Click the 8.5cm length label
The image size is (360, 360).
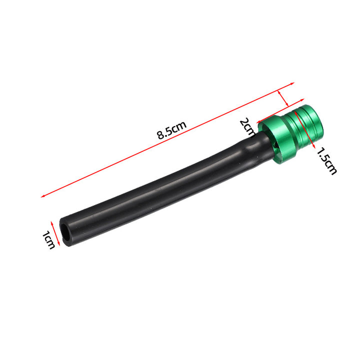point(171,130)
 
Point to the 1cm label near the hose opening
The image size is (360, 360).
point(48,240)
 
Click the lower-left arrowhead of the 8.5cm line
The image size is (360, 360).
point(42,197)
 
